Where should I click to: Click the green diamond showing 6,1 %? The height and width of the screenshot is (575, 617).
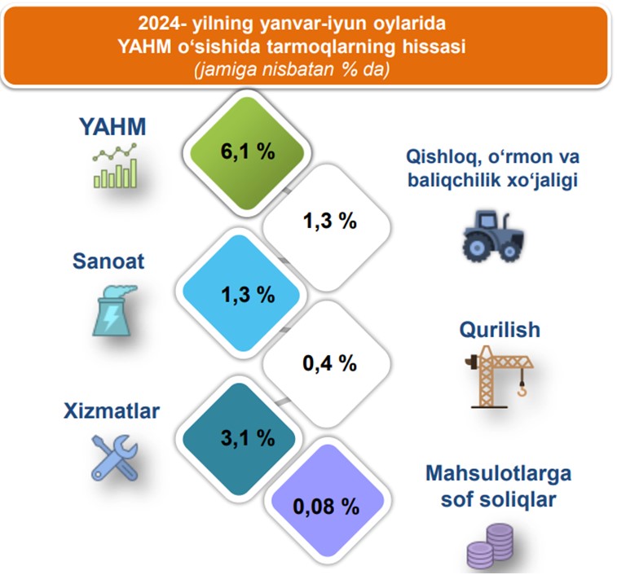tap(247, 153)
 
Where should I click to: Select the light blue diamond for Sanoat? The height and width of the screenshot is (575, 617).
tap(240, 293)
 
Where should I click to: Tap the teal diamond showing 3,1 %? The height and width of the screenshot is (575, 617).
tap(239, 438)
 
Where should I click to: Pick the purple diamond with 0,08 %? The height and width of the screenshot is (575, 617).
tap(328, 501)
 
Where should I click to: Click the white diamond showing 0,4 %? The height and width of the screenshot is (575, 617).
tap(327, 363)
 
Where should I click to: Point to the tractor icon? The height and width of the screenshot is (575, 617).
tap(493, 235)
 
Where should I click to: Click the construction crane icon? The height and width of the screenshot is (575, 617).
tap(499, 376)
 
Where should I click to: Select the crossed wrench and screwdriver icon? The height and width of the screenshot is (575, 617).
tap(114, 458)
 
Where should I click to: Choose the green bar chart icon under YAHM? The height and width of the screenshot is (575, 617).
tap(115, 165)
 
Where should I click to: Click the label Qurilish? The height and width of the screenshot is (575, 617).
tap(500, 330)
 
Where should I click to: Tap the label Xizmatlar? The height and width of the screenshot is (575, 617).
tap(112, 411)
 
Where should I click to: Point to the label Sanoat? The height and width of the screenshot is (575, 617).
tap(108, 261)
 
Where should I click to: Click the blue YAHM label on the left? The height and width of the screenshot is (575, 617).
tap(113, 126)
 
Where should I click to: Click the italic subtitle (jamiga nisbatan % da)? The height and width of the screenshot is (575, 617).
tap(292, 69)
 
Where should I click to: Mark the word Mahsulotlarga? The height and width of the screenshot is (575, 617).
tap(499, 472)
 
